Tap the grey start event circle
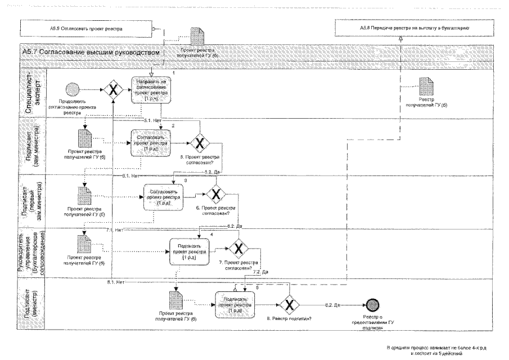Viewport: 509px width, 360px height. coord(73,89)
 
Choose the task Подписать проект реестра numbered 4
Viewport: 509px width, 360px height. coord(190,248)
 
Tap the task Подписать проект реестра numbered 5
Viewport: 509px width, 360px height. coord(235,304)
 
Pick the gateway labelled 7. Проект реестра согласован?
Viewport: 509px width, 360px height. coord(238,248)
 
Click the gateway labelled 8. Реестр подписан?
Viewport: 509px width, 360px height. coord(289,305)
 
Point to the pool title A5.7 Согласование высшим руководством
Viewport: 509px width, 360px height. coord(90,52)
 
